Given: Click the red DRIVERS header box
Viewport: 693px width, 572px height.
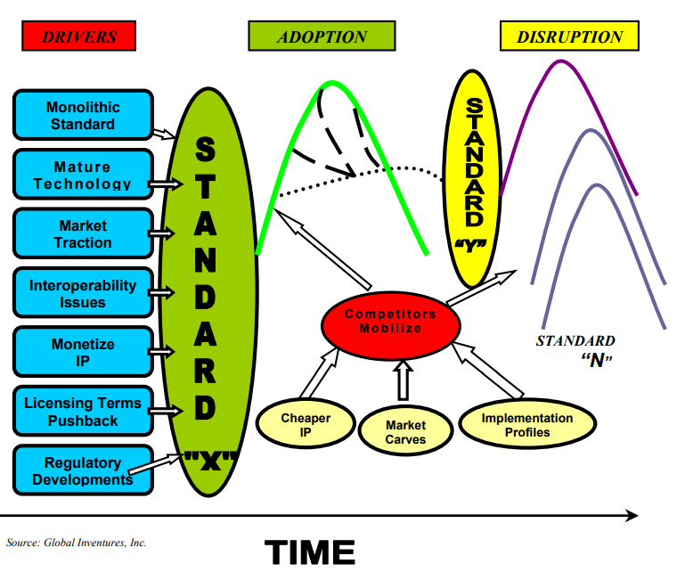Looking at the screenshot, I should tap(79, 36).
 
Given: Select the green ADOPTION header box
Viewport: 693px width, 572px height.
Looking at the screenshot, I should tap(322, 37).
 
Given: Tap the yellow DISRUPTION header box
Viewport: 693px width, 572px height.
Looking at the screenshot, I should tap(569, 37).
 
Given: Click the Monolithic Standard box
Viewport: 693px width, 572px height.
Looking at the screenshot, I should tap(82, 116).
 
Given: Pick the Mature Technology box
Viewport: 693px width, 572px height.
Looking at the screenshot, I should tap(82, 176).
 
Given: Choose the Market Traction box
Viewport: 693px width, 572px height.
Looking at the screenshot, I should tap(82, 234).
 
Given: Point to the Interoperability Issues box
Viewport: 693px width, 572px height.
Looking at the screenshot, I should tap(82, 294).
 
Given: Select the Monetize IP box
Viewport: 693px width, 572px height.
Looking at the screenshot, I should tap(82, 352).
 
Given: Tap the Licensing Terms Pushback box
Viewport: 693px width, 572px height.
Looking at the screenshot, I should tap(82, 412).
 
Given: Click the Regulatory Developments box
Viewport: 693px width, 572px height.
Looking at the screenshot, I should tap(82, 471).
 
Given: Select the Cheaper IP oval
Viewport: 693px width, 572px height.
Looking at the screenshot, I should tap(306, 426).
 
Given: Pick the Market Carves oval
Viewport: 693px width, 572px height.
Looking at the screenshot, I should tap(405, 431).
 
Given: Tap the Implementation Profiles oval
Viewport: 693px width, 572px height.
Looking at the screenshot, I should tap(527, 425).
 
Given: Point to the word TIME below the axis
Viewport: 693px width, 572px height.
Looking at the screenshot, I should tap(309, 552).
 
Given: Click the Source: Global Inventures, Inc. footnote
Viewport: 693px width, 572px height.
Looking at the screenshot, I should tap(77, 542).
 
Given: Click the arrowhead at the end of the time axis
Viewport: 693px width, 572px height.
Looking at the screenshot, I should tap(632, 515).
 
